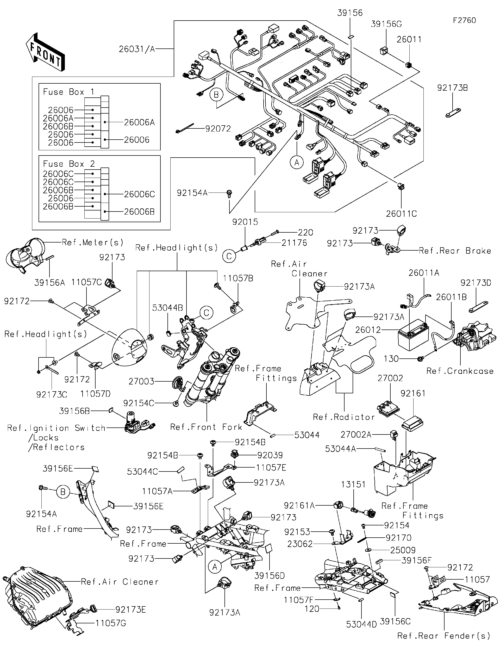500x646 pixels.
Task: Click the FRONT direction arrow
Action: [45, 52]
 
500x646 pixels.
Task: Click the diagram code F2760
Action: [464, 20]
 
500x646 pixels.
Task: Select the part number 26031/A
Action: [137, 49]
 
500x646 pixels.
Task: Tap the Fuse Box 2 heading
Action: [68, 164]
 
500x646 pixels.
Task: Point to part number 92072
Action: [218, 129]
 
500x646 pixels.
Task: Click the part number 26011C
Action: [401, 214]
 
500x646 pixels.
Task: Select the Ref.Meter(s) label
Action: [92, 243]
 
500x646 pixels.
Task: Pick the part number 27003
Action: [141, 382]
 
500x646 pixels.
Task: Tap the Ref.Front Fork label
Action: [206, 427]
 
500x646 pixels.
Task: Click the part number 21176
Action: [294, 243]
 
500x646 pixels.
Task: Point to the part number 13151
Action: [353, 484]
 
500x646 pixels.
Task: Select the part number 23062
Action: [300, 544]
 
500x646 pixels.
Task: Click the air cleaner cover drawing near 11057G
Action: [35, 594]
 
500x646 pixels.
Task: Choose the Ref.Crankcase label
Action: [460, 371]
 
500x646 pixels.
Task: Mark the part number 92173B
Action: [452, 88]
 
